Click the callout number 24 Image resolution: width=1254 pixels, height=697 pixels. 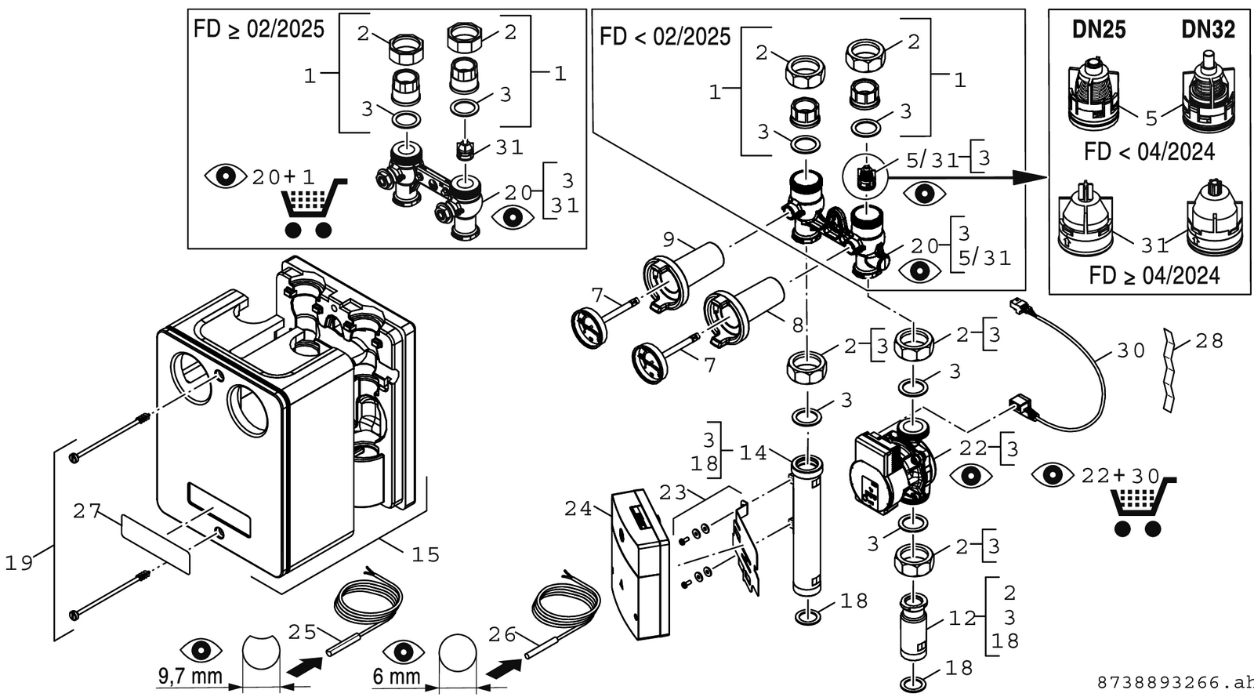(x=578, y=509)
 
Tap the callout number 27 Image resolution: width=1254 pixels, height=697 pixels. (x=87, y=511)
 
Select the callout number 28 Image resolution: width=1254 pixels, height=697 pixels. (x=1209, y=341)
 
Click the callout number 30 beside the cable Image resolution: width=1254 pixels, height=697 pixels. (x=1132, y=351)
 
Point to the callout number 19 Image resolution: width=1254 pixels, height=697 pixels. (x=19, y=563)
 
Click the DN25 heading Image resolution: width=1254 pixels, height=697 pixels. (x=1099, y=30)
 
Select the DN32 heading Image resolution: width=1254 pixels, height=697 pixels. (x=1208, y=30)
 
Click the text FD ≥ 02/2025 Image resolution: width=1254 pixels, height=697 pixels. (x=259, y=29)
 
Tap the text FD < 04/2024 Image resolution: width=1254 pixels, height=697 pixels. (x=1149, y=152)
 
